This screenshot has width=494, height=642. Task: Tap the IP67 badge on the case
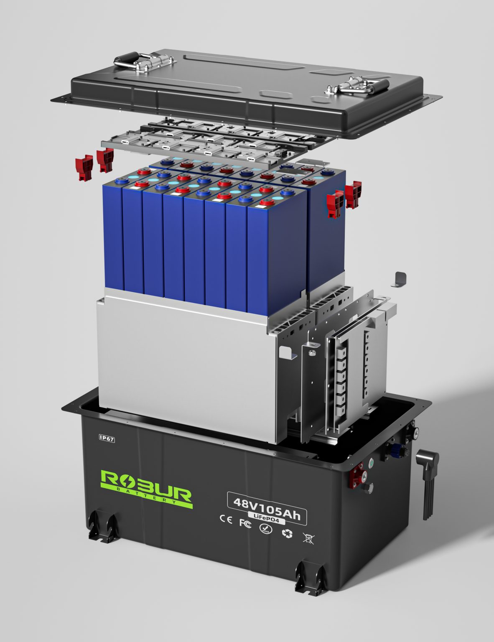107,438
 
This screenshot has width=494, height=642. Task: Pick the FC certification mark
245,523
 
